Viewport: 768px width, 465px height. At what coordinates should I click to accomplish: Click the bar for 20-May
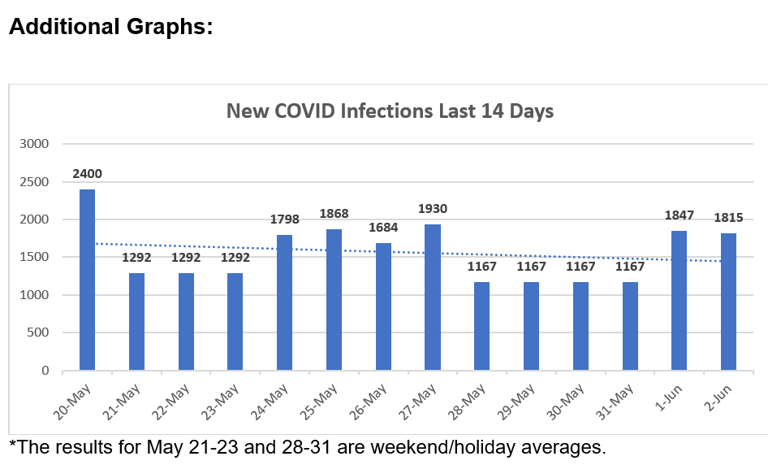click(x=87, y=280)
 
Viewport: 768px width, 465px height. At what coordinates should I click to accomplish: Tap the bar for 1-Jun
click(x=679, y=301)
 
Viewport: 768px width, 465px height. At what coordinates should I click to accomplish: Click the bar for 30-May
click(x=580, y=326)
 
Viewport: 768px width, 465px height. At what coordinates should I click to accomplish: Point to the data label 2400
click(x=87, y=174)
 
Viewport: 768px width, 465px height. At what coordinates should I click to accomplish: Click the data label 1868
click(x=334, y=214)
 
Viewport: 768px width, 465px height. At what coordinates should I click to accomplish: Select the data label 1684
click(x=383, y=228)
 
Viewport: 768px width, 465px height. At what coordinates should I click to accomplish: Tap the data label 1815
click(x=728, y=218)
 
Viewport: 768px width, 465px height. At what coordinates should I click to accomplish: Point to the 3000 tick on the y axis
click(x=34, y=144)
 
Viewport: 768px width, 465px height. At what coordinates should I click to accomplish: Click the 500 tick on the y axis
click(x=37, y=332)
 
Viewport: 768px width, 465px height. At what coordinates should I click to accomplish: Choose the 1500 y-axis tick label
click(x=34, y=257)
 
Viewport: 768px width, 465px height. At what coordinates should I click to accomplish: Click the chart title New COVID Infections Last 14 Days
click(x=390, y=111)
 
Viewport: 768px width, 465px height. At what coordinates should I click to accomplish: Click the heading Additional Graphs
click(x=110, y=26)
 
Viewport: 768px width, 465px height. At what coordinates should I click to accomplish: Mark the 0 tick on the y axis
click(x=45, y=371)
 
